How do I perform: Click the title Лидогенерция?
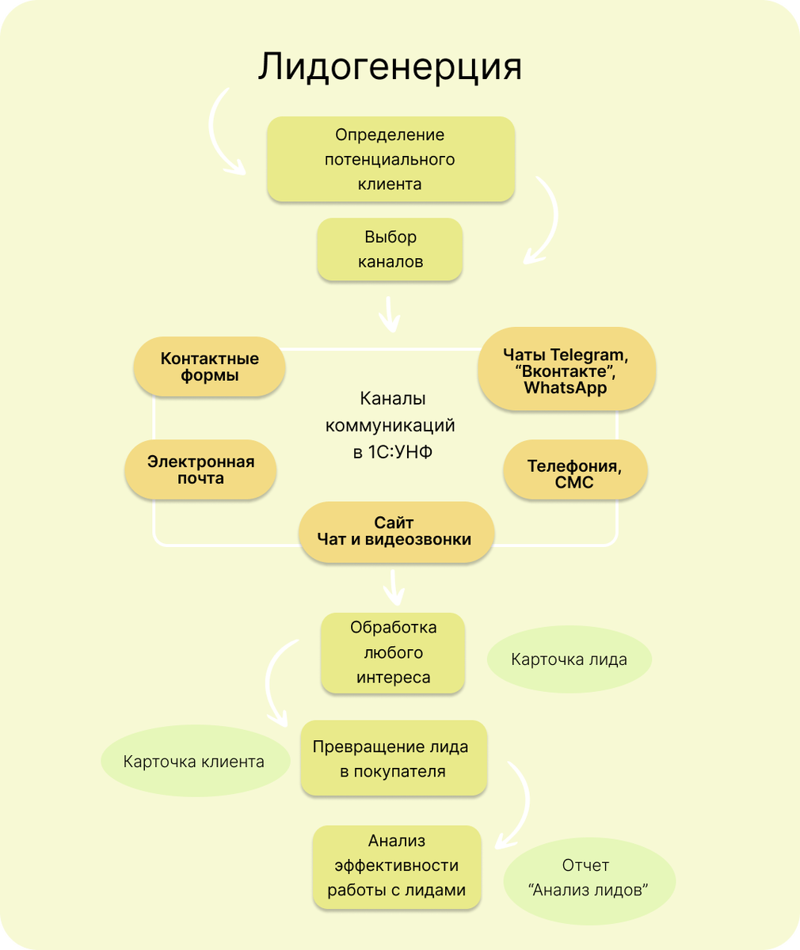(x=390, y=66)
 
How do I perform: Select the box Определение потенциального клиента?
(x=390, y=159)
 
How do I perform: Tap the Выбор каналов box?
(x=390, y=249)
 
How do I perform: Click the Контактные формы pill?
(x=210, y=367)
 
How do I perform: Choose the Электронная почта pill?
(x=201, y=470)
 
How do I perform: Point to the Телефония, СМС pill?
(x=575, y=474)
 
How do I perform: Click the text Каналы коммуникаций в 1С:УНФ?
(x=390, y=425)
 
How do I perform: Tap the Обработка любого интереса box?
(x=393, y=652)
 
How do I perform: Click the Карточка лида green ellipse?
(x=569, y=659)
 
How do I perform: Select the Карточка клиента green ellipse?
(x=195, y=762)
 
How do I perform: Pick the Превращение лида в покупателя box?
(x=393, y=758)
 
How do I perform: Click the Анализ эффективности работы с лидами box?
(x=397, y=865)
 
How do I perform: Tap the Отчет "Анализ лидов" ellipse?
(x=589, y=878)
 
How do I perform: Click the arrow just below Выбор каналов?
(x=389, y=315)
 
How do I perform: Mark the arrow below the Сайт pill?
(x=394, y=587)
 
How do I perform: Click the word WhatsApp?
(x=566, y=389)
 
